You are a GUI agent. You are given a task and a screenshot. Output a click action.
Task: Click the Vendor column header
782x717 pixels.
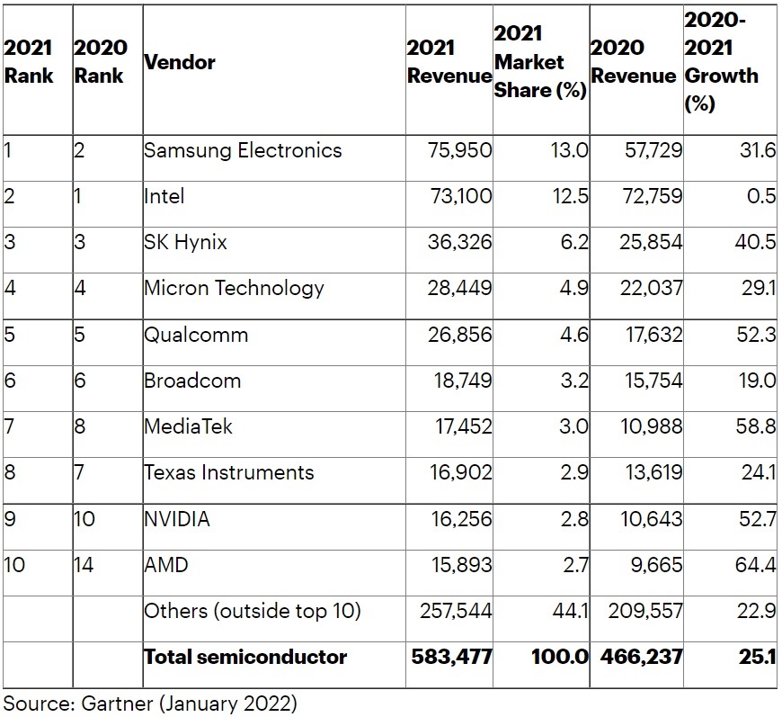coord(180,63)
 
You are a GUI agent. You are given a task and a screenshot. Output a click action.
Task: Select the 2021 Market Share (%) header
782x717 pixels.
coord(539,62)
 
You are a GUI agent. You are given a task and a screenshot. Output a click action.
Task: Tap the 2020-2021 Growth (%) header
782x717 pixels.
coord(722,61)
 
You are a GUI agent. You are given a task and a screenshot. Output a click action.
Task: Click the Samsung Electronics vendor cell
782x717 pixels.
coord(243,150)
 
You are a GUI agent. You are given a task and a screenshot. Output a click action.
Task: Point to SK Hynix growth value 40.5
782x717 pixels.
coord(755,242)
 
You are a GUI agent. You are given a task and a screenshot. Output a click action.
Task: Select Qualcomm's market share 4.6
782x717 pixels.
coord(573,335)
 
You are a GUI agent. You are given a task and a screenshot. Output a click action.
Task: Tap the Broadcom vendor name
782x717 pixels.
coord(192,381)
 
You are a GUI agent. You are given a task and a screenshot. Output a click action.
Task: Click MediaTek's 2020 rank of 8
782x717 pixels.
coord(79,426)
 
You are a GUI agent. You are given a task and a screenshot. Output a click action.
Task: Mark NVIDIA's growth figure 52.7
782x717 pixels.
coord(755,519)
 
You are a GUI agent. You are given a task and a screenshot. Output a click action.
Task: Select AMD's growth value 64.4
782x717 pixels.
coord(755,565)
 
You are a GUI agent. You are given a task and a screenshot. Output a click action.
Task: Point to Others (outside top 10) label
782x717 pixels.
coord(252,612)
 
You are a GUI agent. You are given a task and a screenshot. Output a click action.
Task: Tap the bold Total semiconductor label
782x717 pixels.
coord(245,657)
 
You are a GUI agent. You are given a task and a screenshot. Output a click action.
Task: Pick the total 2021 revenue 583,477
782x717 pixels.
coord(451,657)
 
